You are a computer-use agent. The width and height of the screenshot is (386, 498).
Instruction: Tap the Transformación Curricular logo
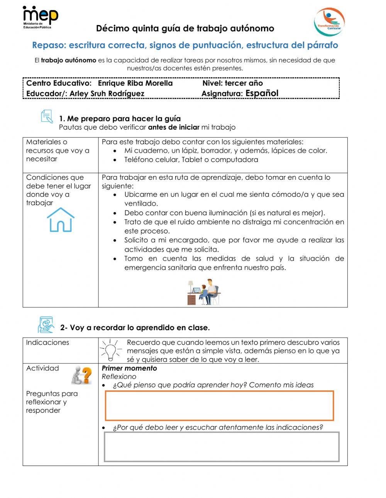(x=329, y=22)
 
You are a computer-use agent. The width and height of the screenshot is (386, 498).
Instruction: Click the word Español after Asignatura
(x=262, y=93)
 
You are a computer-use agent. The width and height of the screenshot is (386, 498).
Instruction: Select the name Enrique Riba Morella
(x=135, y=83)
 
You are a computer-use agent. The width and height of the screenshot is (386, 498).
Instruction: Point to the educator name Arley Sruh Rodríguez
(x=107, y=94)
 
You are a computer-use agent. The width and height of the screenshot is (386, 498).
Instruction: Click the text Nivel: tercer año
(x=232, y=83)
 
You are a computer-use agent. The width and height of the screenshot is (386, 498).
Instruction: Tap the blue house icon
(x=61, y=220)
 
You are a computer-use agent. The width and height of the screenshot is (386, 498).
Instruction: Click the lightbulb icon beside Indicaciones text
(x=111, y=349)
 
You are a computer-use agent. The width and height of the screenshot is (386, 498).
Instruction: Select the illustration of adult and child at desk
(x=204, y=292)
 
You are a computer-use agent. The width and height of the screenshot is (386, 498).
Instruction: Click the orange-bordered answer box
(x=219, y=405)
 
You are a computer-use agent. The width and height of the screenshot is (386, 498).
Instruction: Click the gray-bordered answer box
(x=222, y=447)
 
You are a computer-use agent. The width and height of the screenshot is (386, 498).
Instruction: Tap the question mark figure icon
(x=82, y=375)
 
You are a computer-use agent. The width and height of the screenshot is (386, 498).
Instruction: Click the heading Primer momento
(x=129, y=368)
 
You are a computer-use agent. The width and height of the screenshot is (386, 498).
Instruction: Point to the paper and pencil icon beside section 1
(x=47, y=116)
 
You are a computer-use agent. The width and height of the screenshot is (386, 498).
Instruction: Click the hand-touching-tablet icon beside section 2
(x=46, y=324)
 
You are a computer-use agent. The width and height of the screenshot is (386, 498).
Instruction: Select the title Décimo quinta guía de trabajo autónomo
(x=185, y=29)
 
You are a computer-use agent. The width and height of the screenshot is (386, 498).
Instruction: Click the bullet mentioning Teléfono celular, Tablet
(x=191, y=160)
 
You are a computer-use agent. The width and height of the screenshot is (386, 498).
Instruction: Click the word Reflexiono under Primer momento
(x=119, y=376)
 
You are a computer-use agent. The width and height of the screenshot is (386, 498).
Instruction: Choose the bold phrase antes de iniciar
(x=174, y=127)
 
